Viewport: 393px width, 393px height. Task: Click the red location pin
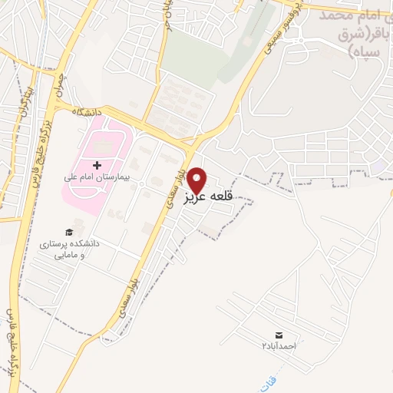click(x=198, y=180)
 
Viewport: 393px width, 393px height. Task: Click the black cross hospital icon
click(x=97, y=165)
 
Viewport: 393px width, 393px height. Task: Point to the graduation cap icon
click(x=70, y=232)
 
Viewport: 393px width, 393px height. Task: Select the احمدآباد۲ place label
click(x=278, y=347)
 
